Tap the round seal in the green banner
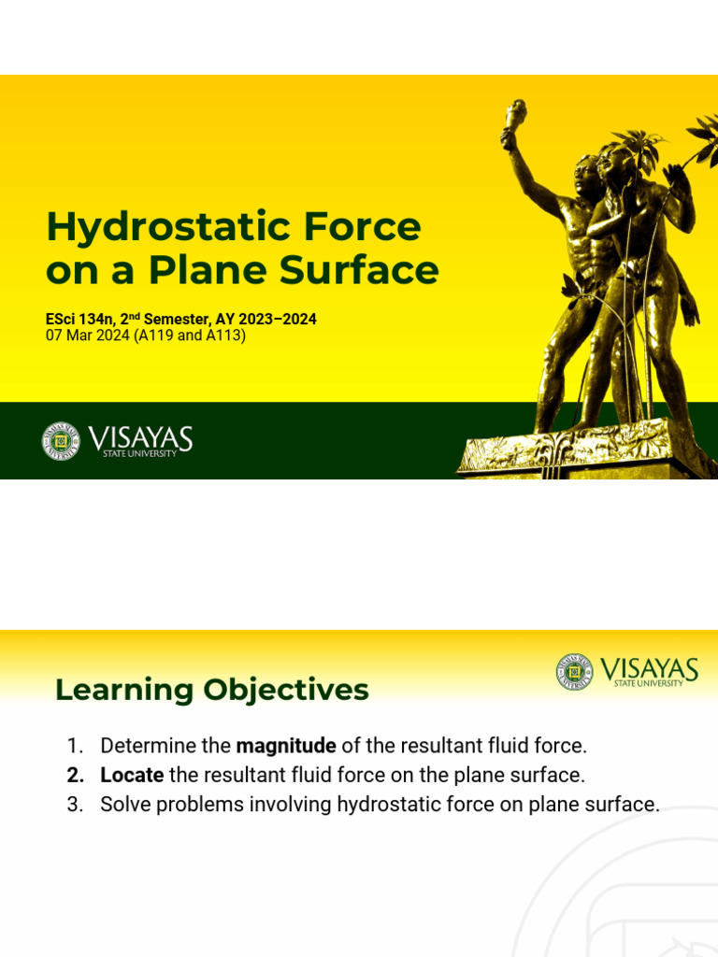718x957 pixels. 61,441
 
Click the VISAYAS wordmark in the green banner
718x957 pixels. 140,437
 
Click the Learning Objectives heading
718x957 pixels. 212,690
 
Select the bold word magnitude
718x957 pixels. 286,746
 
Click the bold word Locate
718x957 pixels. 132,775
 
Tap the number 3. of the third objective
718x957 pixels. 76,804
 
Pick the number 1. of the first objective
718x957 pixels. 76,746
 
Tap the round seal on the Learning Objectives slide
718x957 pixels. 574,671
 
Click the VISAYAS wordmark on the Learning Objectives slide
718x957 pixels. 649,669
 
